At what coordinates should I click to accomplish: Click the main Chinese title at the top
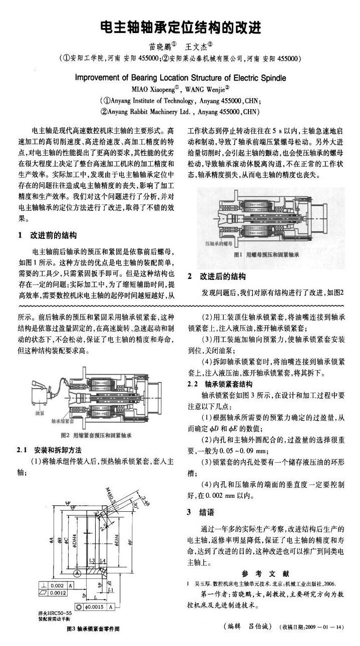[180, 27]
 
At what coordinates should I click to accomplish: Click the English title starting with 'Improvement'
[180, 78]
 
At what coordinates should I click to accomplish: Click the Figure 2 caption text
[96, 435]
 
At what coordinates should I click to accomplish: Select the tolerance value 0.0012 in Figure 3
[58, 593]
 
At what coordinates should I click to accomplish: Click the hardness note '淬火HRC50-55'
[55, 612]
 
